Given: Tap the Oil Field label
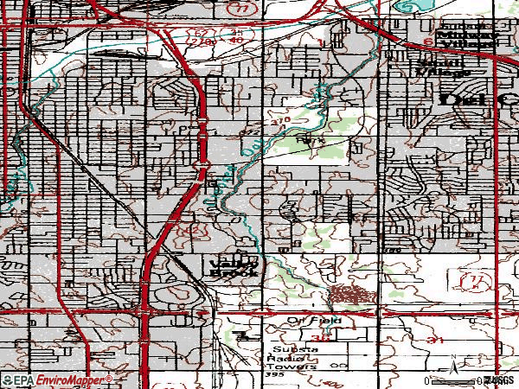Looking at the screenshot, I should click(x=315, y=321).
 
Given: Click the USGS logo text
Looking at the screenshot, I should click(x=499, y=380).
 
